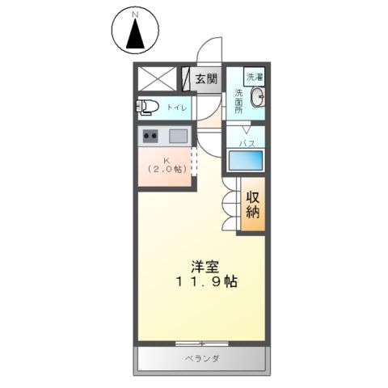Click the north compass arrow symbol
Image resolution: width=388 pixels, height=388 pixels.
(134, 36)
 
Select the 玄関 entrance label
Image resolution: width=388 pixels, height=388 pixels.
(207, 79)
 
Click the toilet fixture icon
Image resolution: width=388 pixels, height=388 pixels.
(148, 107)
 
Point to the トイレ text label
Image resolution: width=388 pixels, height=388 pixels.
(175, 107)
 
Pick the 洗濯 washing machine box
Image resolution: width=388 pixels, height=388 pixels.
(255, 77)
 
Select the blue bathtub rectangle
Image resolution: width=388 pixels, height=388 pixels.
(245, 159)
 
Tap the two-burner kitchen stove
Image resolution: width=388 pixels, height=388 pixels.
(151, 136)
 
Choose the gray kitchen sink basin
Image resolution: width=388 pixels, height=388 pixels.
(178, 136)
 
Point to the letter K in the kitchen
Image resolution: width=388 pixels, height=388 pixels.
(167, 159)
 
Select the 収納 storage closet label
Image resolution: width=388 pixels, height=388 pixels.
(252, 206)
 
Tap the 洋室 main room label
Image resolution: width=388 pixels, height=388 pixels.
(203, 266)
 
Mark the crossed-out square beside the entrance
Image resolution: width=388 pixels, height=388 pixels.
(156, 78)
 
